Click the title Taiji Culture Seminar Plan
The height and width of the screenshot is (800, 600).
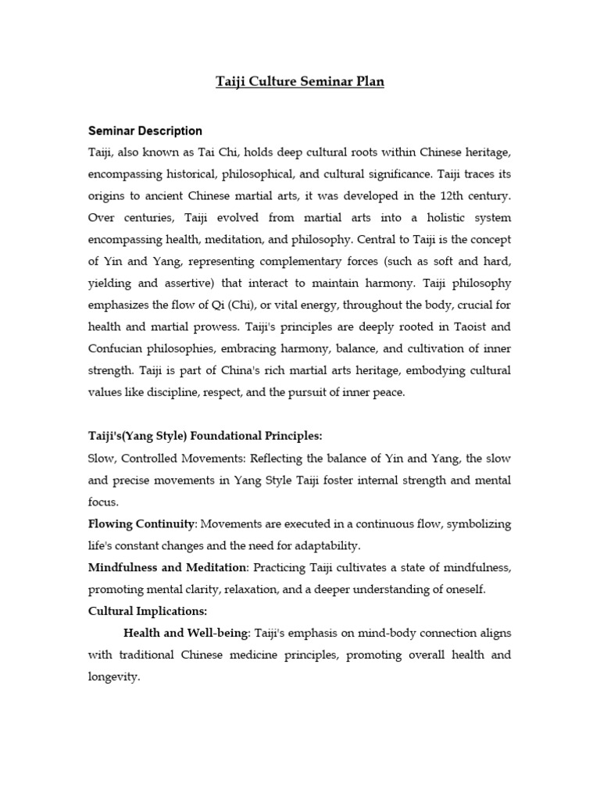(x=300, y=81)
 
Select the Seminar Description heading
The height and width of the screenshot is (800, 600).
(x=145, y=131)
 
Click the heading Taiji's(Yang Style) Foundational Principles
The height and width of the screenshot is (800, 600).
(x=205, y=435)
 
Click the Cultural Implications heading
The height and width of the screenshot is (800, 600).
(x=148, y=611)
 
